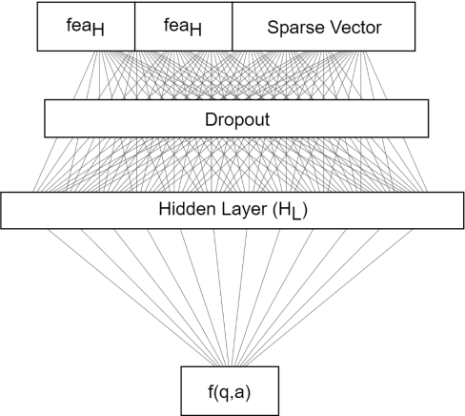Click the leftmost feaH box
coord(86,27)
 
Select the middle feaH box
coord(184,27)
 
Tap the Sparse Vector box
coord(324,27)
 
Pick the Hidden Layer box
coord(232,210)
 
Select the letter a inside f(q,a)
coord(245,389)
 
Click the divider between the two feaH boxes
coord(134,27)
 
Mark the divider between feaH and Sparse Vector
coord(232,27)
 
